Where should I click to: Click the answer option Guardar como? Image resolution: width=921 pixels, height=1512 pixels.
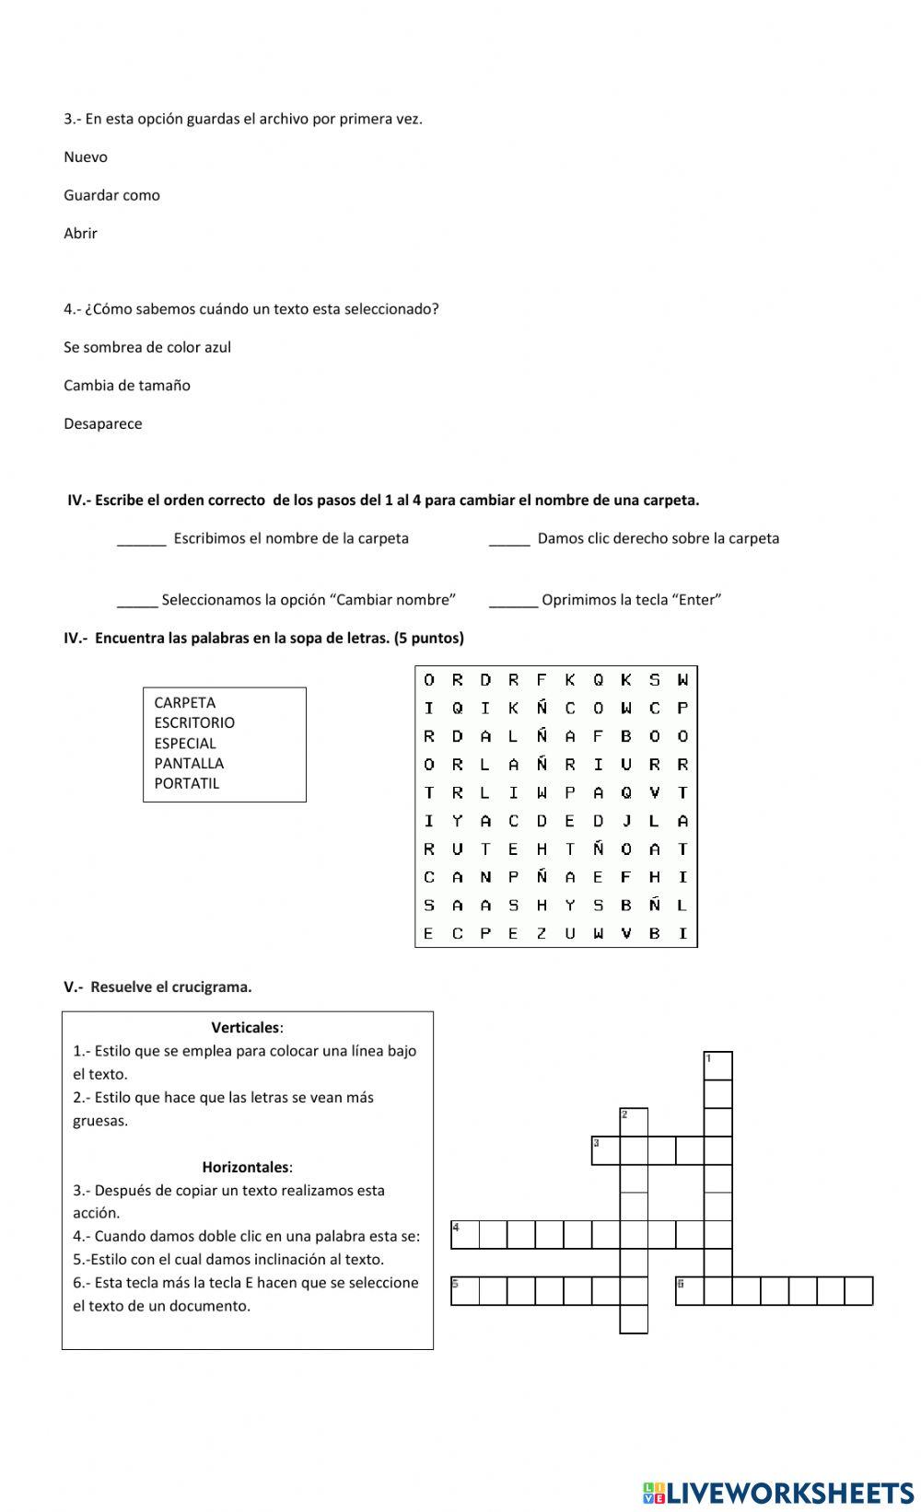(x=111, y=195)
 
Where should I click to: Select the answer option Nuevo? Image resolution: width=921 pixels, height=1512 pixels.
(x=86, y=157)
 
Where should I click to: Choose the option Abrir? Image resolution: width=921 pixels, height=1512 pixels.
(x=80, y=234)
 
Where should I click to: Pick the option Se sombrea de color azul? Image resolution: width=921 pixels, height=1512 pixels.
(x=147, y=348)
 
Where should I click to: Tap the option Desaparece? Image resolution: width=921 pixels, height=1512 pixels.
(x=103, y=424)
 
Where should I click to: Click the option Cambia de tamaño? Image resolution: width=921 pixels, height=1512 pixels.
(x=127, y=386)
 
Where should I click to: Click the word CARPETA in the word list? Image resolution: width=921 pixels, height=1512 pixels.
(x=185, y=703)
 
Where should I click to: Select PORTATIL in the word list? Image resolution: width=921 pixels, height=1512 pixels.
(x=187, y=784)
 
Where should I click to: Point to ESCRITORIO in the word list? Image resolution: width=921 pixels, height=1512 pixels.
(x=194, y=723)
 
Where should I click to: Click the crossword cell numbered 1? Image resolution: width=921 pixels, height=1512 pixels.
(x=717, y=1066)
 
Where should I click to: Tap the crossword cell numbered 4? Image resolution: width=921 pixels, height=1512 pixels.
(x=465, y=1234)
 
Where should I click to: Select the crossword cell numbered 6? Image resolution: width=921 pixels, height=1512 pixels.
(x=689, y=1291)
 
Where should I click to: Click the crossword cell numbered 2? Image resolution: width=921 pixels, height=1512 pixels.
(x=634, y=1122)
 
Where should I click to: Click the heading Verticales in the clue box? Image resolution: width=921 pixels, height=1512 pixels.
(x=246, y=1028)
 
